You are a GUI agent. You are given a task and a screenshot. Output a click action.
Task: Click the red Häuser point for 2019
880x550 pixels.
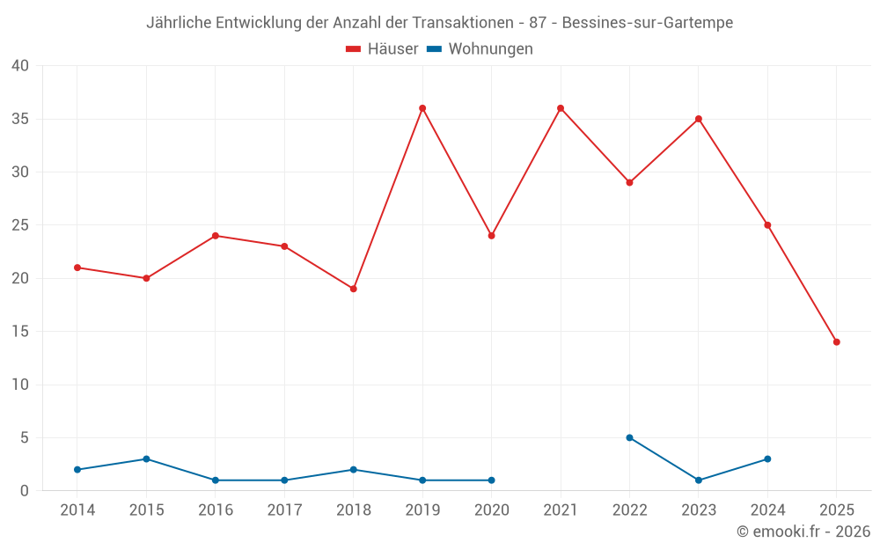tap(422, 108)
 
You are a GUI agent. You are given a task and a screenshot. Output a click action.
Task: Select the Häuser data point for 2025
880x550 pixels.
tap(837, 342)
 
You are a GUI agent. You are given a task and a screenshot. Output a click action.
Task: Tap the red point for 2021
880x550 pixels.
tap(561, 108)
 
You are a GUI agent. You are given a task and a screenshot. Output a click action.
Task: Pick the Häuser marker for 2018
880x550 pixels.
tap(354, 289)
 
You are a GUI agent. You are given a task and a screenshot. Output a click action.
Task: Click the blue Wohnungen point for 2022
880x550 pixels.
tap(629, 437)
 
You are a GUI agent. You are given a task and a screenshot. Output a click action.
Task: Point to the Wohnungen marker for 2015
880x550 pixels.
tap(146, 459)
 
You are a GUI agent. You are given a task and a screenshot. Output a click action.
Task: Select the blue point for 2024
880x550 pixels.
tap(767, 459)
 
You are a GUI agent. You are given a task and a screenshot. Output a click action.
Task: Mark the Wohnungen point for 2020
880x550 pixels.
tap(491, 480)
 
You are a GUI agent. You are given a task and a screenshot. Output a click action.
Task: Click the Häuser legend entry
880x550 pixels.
tap(382, 49)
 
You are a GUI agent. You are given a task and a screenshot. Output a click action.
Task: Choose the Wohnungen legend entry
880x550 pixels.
tap(480, 49)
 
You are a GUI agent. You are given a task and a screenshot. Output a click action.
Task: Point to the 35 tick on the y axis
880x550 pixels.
tap(20, 119)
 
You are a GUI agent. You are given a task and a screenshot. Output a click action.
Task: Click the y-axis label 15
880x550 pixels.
tap(20, 332)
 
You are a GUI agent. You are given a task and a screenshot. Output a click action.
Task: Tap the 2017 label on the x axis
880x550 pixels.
tap(284, 510)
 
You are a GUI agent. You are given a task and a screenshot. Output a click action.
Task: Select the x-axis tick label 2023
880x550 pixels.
tap(699, 510)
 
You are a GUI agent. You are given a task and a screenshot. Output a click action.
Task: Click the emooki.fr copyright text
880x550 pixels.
tap(803, 532)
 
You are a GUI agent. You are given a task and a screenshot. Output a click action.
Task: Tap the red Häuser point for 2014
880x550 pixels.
tap(77, 268)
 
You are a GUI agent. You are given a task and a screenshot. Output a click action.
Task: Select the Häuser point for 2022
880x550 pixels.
tap(629, 182)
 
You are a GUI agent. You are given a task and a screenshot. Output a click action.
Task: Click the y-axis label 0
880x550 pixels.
tap(25, 491)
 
